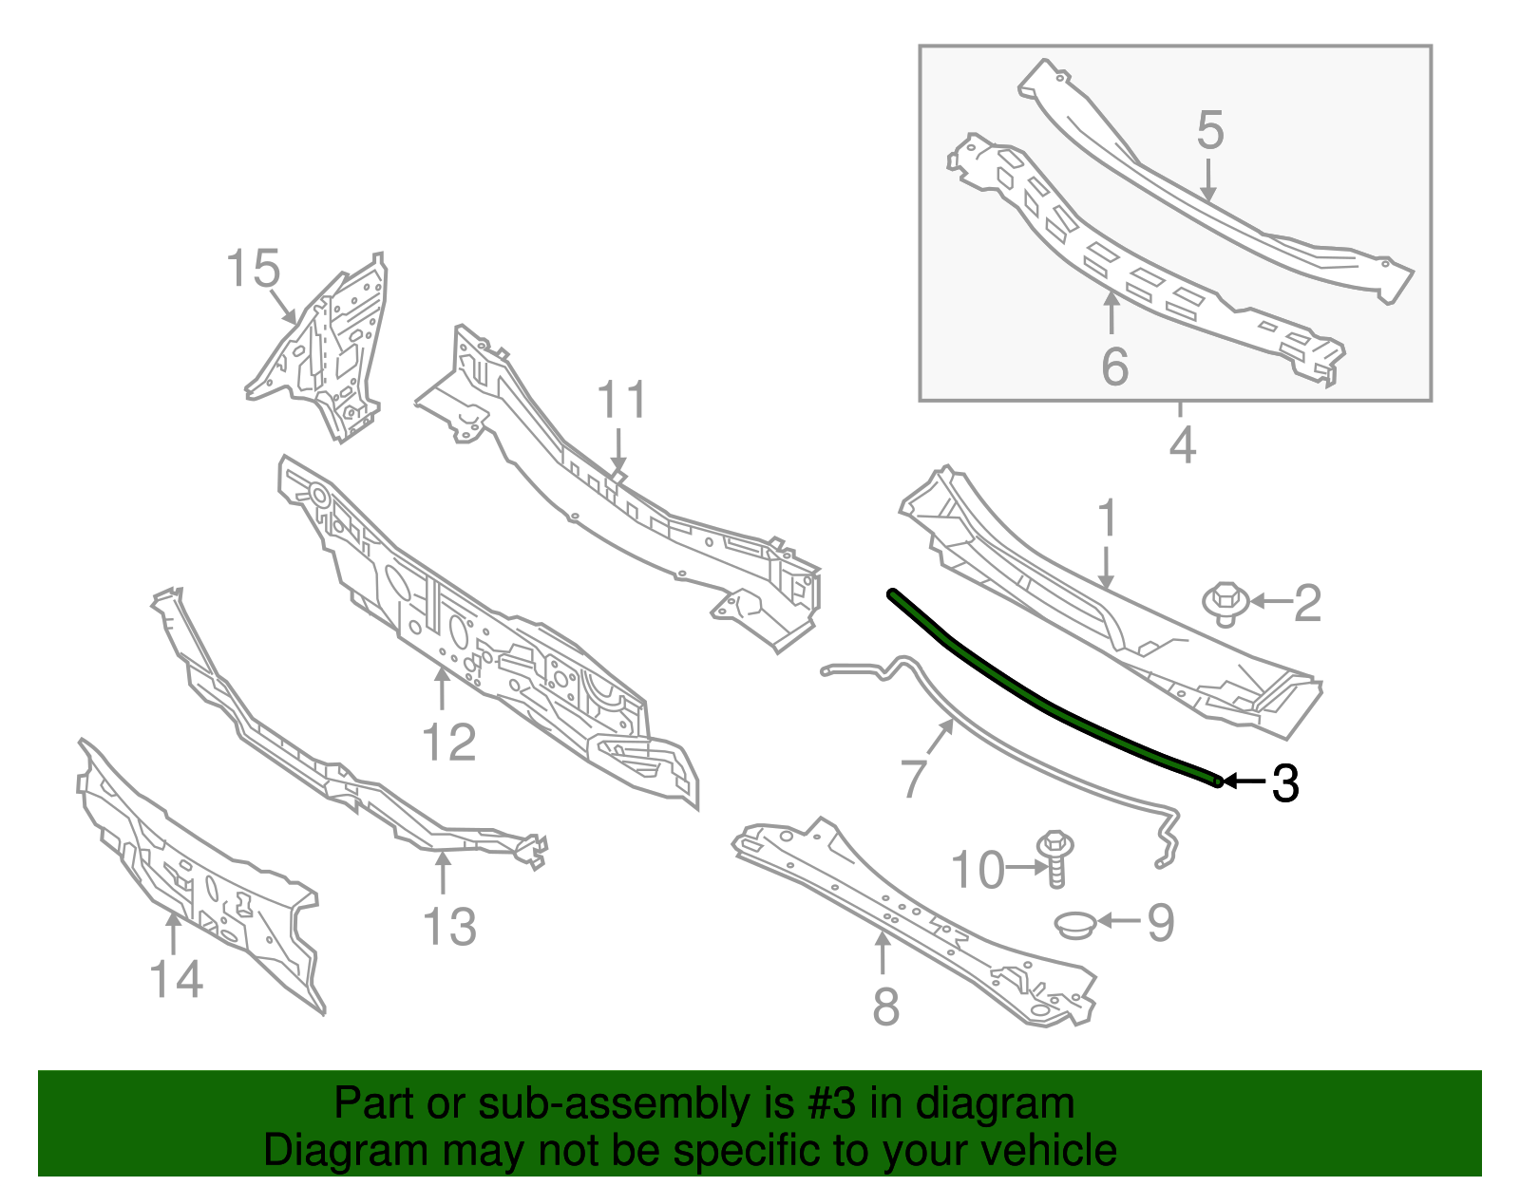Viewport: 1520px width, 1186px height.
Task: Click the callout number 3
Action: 1284,783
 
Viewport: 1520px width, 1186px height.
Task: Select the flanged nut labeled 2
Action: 1225,604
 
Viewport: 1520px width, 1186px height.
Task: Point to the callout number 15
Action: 254,269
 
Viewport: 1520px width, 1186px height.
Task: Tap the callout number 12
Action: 448,743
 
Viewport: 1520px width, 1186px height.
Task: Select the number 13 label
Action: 449,927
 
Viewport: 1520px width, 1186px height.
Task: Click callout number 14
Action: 176,979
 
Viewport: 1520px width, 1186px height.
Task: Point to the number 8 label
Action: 885,1007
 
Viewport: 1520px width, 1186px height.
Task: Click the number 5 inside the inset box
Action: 1209,130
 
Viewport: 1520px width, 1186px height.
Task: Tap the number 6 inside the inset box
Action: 1114,367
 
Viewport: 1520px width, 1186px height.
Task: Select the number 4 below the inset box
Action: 1182,444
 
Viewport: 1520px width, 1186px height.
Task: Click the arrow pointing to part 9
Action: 1119,920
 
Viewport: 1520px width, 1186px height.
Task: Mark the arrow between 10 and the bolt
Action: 1024,867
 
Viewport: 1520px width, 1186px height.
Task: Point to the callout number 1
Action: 1107,519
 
